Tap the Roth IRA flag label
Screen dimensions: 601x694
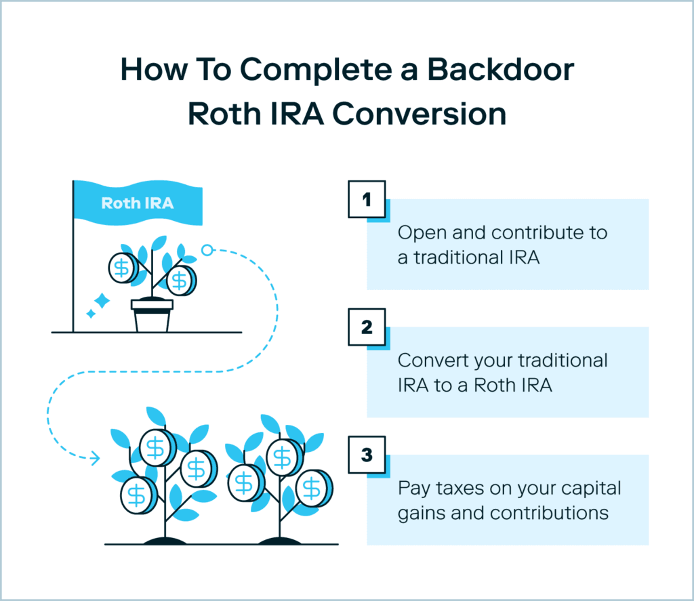137,203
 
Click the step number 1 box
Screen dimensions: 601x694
367,199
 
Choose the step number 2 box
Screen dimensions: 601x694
367,328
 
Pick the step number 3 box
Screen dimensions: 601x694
367,455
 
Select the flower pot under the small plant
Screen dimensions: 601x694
152,316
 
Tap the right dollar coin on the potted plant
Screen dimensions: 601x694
180,279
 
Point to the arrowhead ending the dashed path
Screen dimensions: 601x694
95,459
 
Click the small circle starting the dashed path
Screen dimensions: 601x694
207,250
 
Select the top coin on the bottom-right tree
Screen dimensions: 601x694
280,456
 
